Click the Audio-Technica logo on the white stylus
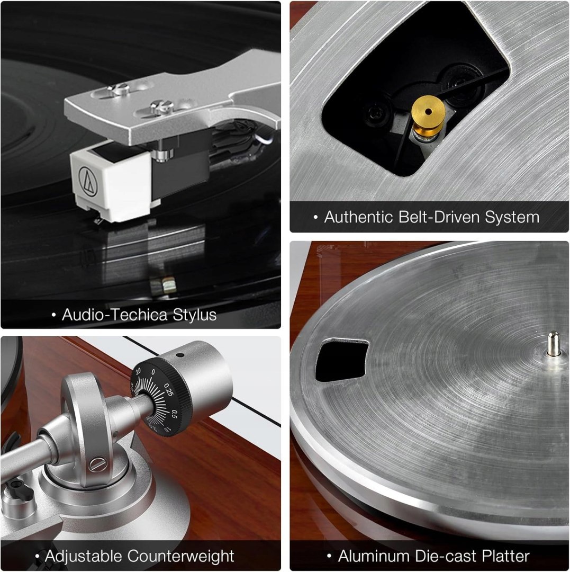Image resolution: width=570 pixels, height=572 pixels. pyautogui.click(x=88, y=182)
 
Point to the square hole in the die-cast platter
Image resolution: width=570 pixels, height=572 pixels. pyautogui.click(x=341, y=360)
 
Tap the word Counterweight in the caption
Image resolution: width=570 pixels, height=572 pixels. pyautogui.click(x=181, y=556)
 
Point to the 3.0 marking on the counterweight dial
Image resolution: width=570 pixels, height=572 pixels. pyautogui.click(x=138, y=372)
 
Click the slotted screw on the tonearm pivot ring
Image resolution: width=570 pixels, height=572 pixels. pyautogui.click(x=98, y=464)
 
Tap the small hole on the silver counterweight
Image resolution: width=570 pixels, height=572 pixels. pyautogui.click(x=179, y=354)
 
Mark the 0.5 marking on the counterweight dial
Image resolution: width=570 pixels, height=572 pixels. pyautogui.click(x=174, y=414)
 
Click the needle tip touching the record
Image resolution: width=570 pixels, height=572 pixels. pyautogui.click(x=96, y=220)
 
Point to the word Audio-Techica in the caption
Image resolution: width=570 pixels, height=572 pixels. pyautogui.click(x=114, y=315)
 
